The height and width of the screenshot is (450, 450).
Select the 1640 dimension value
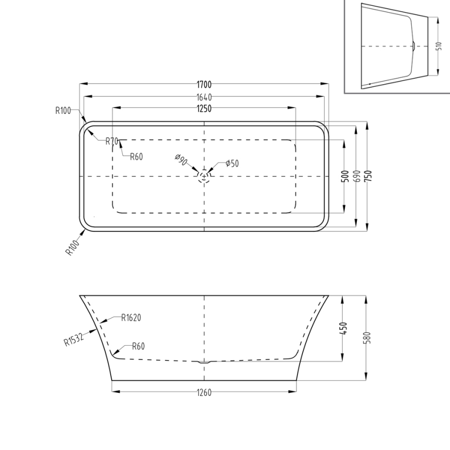pyautogui.click(x=204, y=97)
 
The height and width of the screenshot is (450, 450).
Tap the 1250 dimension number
pyautogui.click(x=204, y=109)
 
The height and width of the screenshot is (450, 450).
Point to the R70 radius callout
pyautogui.click(x=112, y=141)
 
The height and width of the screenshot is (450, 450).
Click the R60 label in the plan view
pyautogui.click(x=137, y=156)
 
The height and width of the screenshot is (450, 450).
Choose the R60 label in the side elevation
pyautogui.click(x=138, y=346)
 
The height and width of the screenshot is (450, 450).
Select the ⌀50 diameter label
pyautogui.click(x=232, y=164)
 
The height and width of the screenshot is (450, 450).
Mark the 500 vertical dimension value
pyautogui.click(x=345, y=176)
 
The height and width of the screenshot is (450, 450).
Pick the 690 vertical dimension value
pyautogui.click(x=356, y=176)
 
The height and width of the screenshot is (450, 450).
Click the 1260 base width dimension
pyautogui.click(x=204, y=392)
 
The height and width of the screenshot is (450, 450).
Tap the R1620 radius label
pyautogui.click(x=131, y=318)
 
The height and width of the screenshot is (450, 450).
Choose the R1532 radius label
pyautogui.click(x=74, y=338)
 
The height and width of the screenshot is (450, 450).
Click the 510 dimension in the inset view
pyautogui.click(x=438, y=46)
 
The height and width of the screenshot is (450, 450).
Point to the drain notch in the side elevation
pyautogui.click(x=204, y=363)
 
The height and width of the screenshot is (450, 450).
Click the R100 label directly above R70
pyautogui.click(x=63, y=111)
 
